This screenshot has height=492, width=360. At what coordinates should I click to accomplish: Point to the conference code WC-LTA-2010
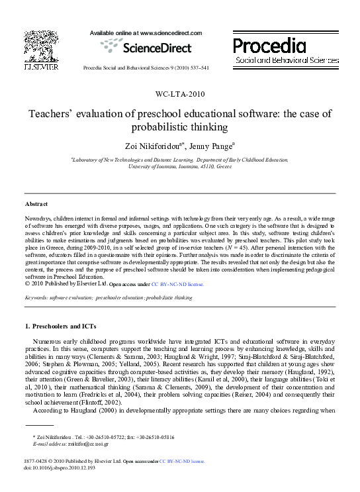pos(180,95)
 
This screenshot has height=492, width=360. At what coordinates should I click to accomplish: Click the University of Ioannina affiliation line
pos(179,167)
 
